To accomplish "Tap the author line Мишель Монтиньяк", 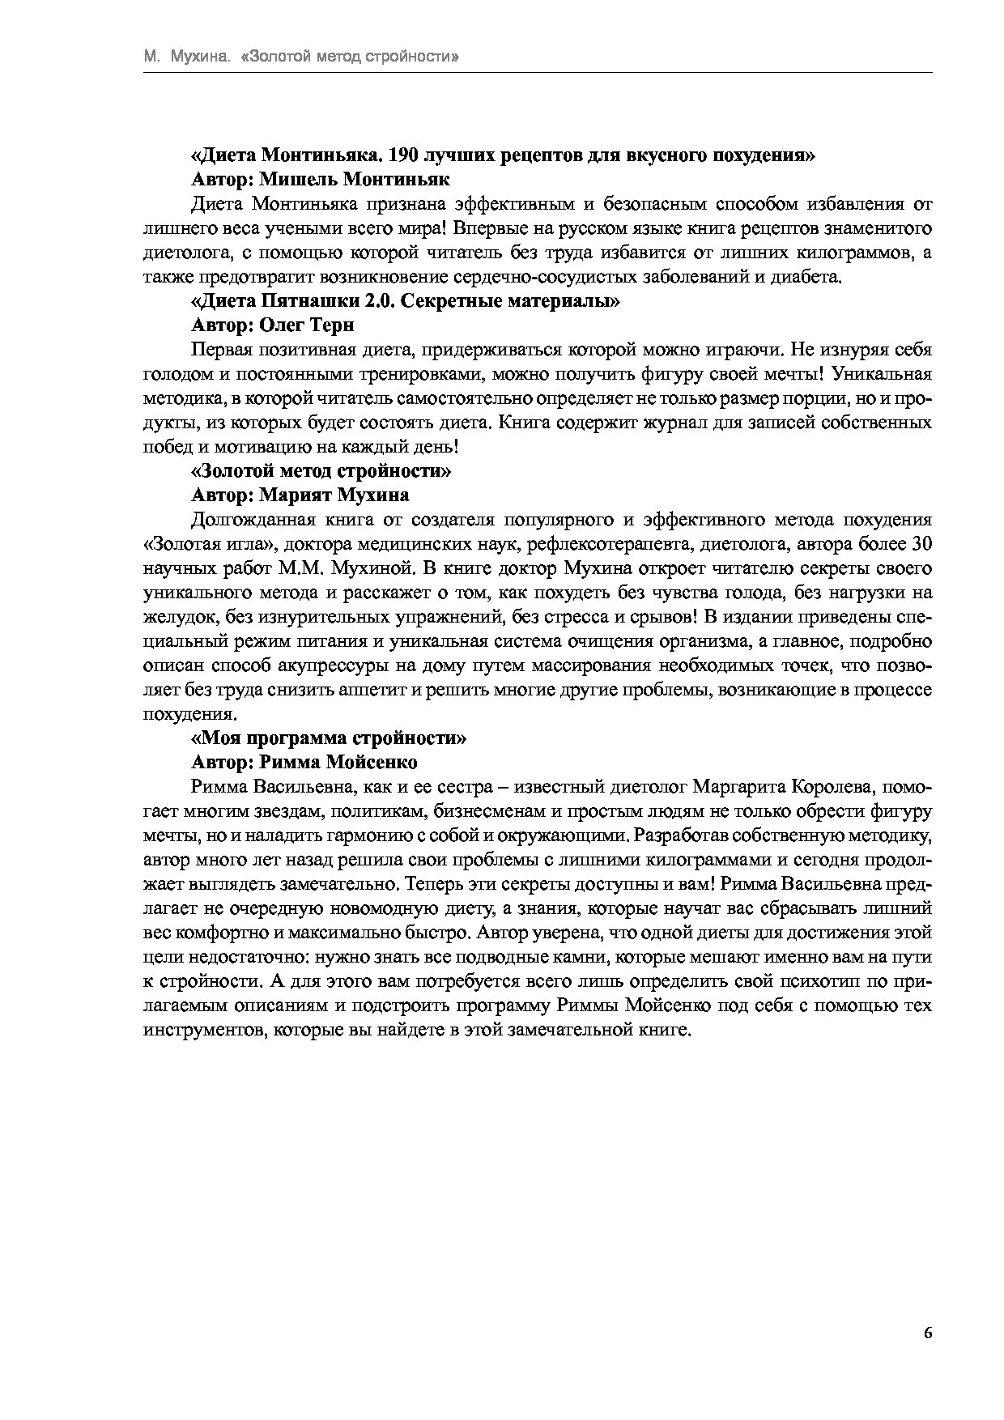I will tap(320, 179).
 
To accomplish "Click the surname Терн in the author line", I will tap(332, 325).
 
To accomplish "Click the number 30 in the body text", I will tap(921, 543).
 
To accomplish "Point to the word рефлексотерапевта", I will tap(598, 543).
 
